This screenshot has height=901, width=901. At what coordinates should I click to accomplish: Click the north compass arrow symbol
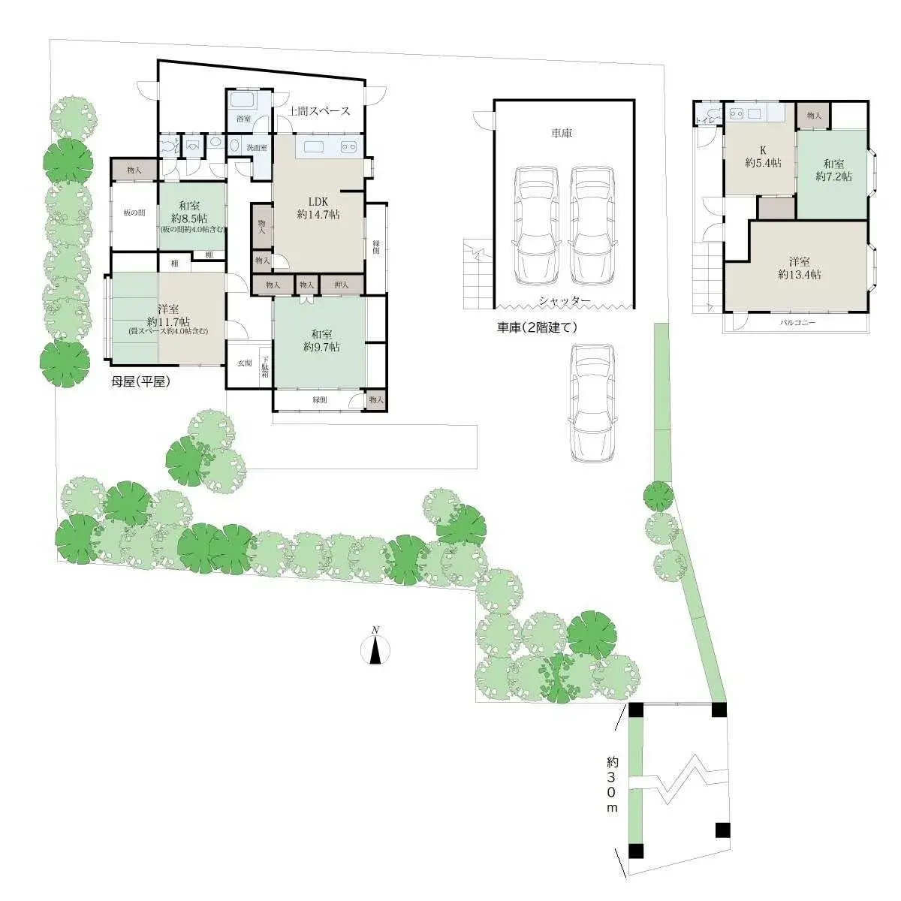[376, 647]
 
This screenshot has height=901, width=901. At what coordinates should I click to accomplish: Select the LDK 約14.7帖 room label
[318, 208]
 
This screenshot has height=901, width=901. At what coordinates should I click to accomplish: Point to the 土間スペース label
[319, 111]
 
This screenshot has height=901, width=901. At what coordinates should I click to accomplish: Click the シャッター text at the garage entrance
[564, 301]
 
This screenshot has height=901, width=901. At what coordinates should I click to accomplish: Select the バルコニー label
[797, 323]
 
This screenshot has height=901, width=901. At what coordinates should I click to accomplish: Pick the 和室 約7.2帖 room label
[833, 170]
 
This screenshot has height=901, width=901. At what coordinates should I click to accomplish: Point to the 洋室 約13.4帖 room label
[799, 268]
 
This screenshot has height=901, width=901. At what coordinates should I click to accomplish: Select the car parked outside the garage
[592, 402]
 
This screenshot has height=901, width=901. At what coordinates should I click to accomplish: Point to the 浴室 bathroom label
[243, 119]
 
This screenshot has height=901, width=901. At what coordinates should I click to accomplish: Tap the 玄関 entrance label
[245, 363]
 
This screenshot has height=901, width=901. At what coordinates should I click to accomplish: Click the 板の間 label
[134, 212]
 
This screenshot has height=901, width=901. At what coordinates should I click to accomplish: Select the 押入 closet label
[342, 285]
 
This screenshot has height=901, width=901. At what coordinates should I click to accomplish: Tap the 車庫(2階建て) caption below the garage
[536, 327]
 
